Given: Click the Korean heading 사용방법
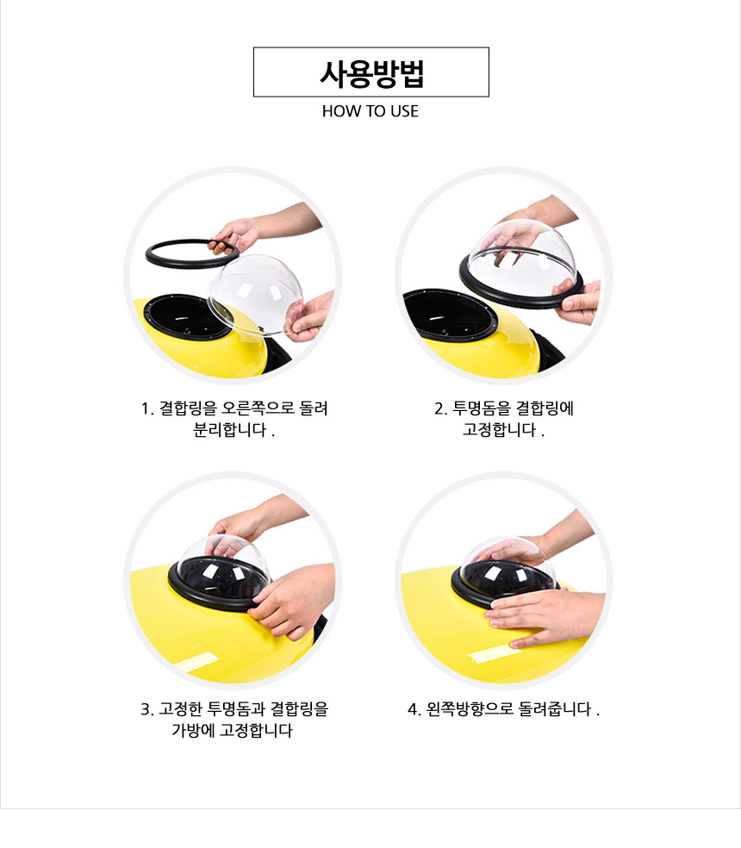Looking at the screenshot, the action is pyautogui.click(x=371, y=74).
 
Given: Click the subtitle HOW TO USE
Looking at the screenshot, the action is pyautogui.click(x=370, y=111).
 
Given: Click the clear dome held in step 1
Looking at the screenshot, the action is pyautogui.click(x=255, y=295).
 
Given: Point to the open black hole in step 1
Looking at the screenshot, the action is pyautogui.click(x=187, y=316).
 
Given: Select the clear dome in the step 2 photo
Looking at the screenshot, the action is pyautogui.click(x=520, y=257).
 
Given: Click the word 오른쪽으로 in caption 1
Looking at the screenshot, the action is pyautogui.click(x=258, y=408).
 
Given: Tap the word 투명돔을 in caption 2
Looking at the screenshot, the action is pyautogui.click(x=481, y=408).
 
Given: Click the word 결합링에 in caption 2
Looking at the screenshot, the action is pyautogui.click(x=545, y=408).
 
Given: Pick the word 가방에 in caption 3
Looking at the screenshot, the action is pyautogui.click(x=193, y=730).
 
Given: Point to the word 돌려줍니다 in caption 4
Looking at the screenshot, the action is pyautogui.click(x=555, y=708).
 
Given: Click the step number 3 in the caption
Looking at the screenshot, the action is pyautogui.click(x=145, y=709).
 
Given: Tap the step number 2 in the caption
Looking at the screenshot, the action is pyautogui.click(x=439, y=408).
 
